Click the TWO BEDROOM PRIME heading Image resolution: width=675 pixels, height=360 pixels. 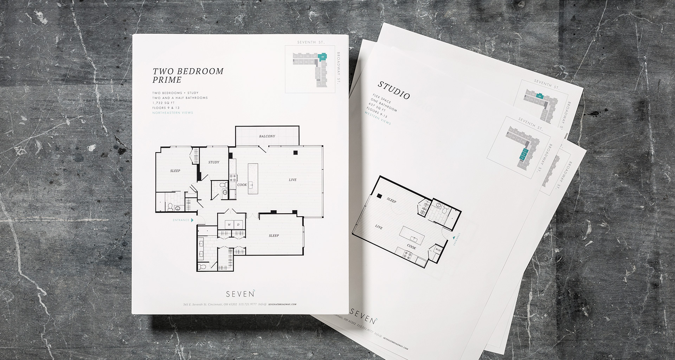pos(188,75)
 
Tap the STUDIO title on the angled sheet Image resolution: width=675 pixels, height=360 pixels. pos(394,90)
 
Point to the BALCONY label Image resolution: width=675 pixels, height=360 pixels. pos(267,136)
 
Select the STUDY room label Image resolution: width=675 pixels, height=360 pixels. pos(214,162)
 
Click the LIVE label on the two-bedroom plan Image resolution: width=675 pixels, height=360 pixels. pos(292,180)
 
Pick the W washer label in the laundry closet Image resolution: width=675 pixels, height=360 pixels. pos(229,224)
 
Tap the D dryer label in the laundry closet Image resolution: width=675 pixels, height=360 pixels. pos(238,224)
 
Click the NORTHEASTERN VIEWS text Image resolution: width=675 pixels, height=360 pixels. pos(173,113)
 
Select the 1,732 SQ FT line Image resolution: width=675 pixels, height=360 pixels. pos(163,103)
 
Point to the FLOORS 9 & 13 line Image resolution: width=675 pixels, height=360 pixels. pos(166,108)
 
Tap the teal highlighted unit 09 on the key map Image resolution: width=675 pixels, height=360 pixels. pos(322,56)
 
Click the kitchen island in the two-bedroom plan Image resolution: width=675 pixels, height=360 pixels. pos(252,179)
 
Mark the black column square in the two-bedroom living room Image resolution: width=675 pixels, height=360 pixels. pos(296,153)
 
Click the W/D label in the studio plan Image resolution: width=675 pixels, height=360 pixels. pos(438,250)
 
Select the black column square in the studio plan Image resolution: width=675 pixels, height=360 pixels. pos(379,196)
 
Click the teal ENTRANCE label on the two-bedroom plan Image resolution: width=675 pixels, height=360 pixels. pos(181,220)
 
